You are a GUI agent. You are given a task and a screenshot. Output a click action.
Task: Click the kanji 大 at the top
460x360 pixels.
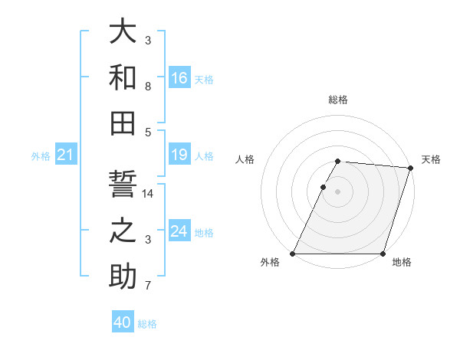123,32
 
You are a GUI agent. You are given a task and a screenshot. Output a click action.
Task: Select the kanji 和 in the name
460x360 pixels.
123,78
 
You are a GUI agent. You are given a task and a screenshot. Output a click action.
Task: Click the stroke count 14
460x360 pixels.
148,194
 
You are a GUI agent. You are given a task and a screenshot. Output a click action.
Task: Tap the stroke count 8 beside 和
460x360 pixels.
148,87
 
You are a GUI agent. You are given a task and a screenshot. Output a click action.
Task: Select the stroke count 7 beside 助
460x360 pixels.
148,286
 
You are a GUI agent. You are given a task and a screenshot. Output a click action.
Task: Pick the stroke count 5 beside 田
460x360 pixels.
148,132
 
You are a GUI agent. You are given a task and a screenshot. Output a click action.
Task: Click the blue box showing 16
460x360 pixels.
179,78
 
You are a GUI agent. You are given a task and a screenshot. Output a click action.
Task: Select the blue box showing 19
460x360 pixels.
179,155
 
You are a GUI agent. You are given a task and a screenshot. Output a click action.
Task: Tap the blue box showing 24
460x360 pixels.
179,232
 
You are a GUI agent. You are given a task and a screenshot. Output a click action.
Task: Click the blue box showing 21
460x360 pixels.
65,155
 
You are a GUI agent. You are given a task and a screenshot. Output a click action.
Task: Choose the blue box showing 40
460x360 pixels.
123,322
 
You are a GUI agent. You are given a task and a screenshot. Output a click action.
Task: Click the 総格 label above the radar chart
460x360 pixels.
337,100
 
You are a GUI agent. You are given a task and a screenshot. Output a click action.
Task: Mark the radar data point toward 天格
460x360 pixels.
411,169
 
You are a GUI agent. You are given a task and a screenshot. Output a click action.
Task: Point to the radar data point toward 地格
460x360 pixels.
383,254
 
